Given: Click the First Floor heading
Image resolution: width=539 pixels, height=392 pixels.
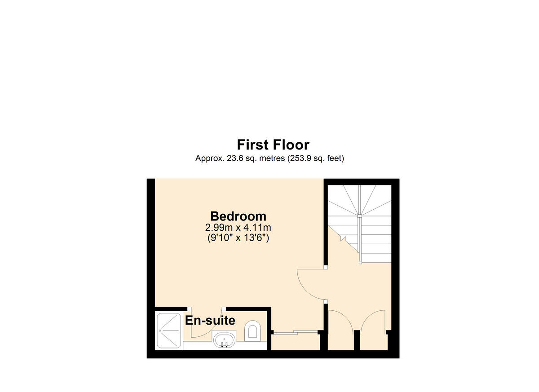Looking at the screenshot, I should point(273,145).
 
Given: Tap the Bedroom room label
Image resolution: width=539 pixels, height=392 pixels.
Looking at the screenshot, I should point(238,216).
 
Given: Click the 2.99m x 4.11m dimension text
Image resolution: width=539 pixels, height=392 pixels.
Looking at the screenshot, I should point(238,228).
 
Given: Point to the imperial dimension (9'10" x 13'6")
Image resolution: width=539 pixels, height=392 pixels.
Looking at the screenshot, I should point(238,238).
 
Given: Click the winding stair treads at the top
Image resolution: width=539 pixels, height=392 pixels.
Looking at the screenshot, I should point(360,200).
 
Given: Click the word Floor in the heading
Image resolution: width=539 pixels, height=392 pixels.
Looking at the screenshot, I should point(291,145).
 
